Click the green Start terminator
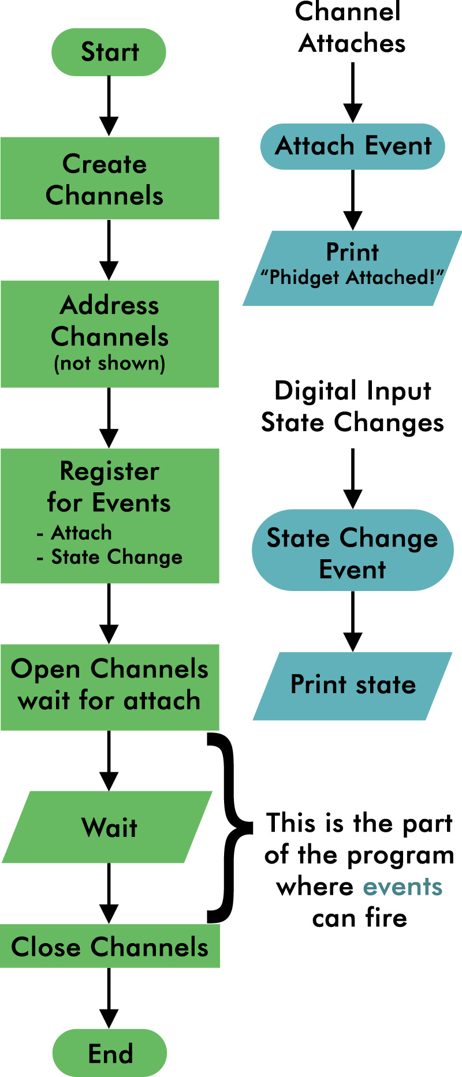pos(109,52)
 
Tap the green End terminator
pos(110,1053)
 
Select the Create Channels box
pos(109,178)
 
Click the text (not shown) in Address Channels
pos(109,364)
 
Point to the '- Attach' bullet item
pos(74,533)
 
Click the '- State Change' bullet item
pos(109,557)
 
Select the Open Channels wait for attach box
pos(109,687)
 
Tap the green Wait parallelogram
pos(108,827)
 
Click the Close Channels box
pos(109,947)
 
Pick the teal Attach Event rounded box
pos(353,146)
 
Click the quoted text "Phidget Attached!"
pos(352,278)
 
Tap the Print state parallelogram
pos(353,686)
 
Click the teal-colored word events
pos(403,887)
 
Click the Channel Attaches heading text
pos(351,28)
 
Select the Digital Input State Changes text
pos(352,406)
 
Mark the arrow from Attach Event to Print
pos(353,200)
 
